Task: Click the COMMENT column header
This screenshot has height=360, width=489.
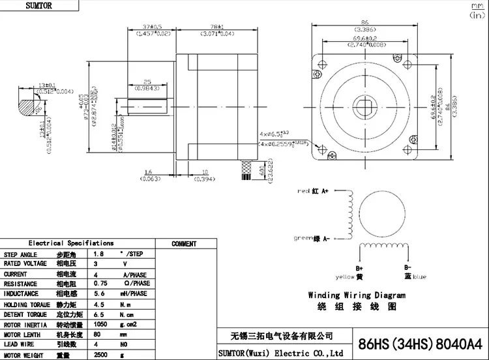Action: tap(184, 244)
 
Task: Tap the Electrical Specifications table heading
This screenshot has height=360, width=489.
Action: tap(76, 243)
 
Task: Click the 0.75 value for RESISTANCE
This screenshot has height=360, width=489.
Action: tap(102, 284)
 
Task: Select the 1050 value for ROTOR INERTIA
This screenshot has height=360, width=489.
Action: tap(102, 323)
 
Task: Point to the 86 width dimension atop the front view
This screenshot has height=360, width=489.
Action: tap(364, 22)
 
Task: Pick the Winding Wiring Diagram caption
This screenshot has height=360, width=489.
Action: tap(356, 295)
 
